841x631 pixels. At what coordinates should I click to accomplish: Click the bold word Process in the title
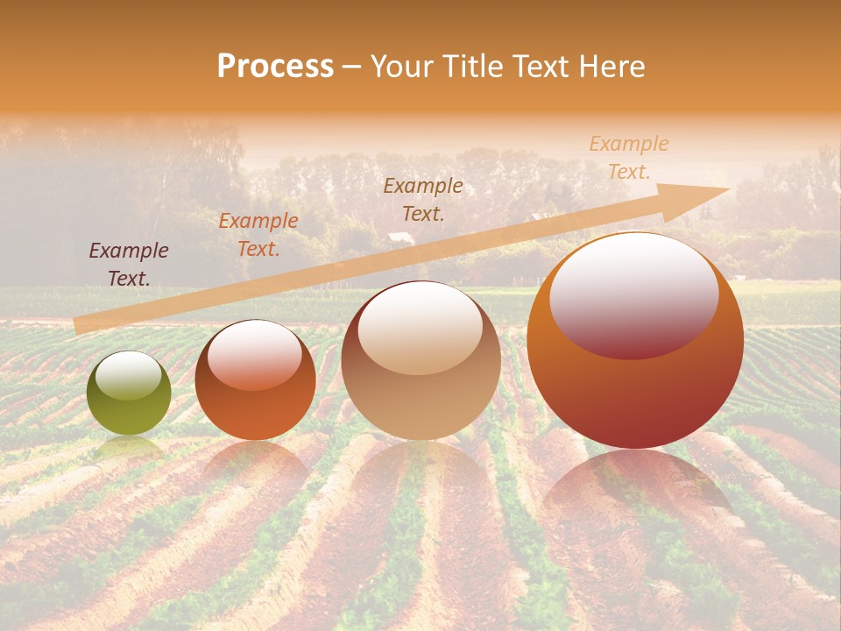tap(275, 67)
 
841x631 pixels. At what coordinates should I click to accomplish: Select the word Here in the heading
tap(611, 67)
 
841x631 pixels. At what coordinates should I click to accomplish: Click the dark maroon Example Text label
tap(129, 265)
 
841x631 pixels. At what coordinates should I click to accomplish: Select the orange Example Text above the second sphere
tap(258, 235)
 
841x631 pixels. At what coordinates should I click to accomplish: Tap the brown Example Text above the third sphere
tap(423, 199)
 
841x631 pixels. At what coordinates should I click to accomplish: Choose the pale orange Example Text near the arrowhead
tap(629, 158)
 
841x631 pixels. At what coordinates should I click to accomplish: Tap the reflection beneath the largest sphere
tap(635, 486)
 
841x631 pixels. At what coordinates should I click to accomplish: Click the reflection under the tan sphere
tap(420, 469)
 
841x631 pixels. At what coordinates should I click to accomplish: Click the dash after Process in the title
tap(351, 67)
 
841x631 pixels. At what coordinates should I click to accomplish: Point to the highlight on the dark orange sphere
tap(255, 353)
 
